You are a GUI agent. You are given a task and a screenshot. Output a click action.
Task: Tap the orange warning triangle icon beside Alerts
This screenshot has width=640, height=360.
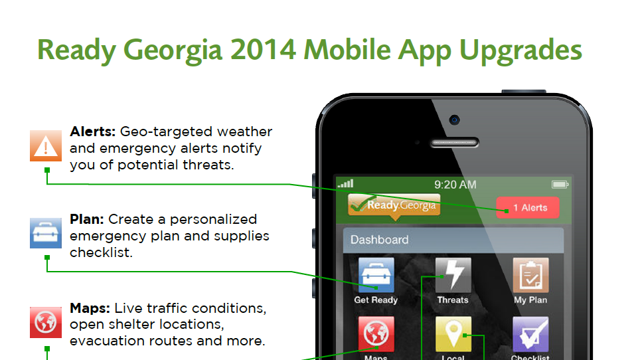click(x=46, y=145)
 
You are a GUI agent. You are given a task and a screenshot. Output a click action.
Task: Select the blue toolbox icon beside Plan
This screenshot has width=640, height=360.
click(x=46, y=232)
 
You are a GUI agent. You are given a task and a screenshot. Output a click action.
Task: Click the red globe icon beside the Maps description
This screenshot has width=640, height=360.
click(x=46, y=321)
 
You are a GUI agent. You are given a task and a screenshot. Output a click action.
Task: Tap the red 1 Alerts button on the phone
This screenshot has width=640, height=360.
click(x=528, y=208)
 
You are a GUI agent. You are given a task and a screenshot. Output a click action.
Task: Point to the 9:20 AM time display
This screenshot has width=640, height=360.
click(x=455, y=185)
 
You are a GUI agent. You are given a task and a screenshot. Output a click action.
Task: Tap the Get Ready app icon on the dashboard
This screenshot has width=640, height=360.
click(x=376, y=276)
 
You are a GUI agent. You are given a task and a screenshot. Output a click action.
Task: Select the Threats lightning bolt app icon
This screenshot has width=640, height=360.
click(x=453, y=276)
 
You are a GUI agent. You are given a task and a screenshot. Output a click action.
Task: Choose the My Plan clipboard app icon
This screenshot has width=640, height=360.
click(x=530, y=276)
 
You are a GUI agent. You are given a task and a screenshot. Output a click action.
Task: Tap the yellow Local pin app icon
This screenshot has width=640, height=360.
click(x=453, y=333)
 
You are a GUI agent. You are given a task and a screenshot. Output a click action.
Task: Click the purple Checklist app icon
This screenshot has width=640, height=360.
click(x=530, y=333)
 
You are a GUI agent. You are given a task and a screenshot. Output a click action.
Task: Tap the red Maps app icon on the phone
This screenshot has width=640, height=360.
click(x=376, y=333)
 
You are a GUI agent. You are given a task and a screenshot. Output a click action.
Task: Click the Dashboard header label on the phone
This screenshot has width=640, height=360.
click(x=380, y=240)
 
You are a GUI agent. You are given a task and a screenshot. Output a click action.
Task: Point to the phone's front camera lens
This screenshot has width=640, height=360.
click(x=454, y=120)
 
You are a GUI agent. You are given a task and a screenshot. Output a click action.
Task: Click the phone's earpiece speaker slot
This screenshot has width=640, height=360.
click(x=455, y=143)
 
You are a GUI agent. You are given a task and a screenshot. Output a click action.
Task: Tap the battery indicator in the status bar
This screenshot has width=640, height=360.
click(x=560, y=184)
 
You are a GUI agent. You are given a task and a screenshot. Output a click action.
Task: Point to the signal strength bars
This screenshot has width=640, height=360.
click(x=345, y=183)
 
